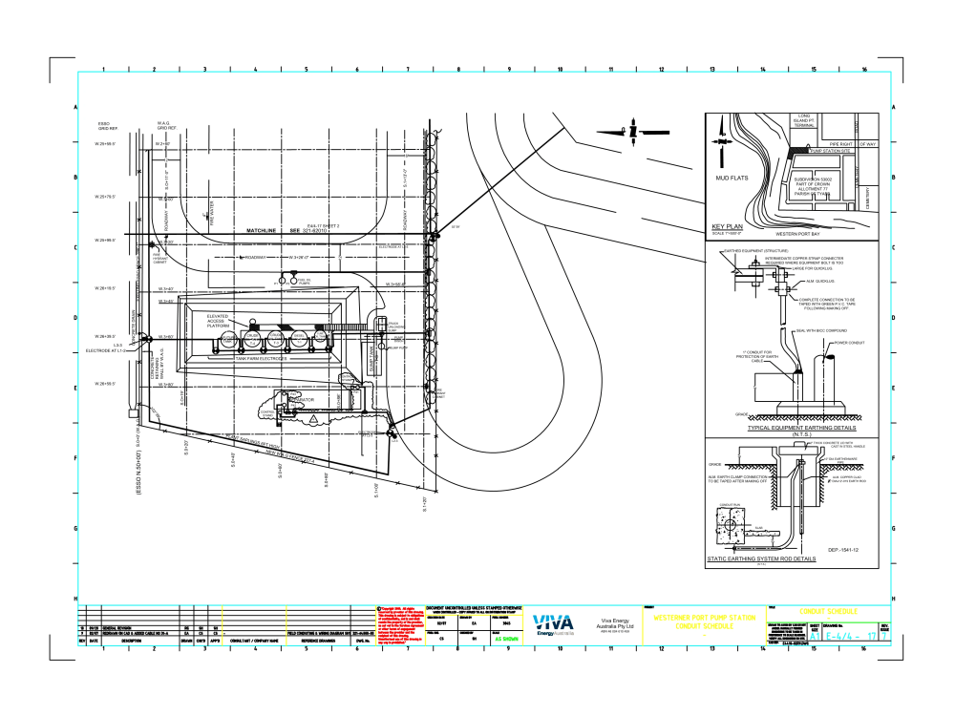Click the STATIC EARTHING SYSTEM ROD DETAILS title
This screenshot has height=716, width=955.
click(761, 558)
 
